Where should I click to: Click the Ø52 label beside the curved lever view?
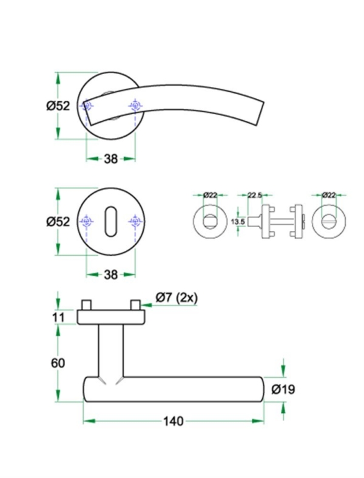59,106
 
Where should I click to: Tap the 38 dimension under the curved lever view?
110,159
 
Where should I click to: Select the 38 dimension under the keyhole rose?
110,275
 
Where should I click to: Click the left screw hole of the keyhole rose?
87,222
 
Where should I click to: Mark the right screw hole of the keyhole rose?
134,222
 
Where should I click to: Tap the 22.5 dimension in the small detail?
255,195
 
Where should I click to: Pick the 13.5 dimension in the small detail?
238,222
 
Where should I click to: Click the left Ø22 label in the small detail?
210,195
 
